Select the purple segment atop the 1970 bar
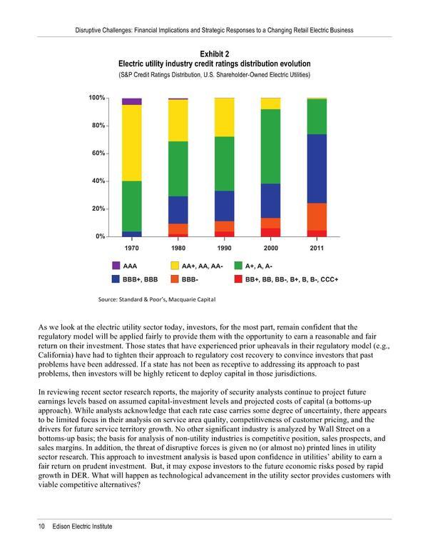click(x=131, y=101)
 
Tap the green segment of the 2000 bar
click(x=270, y=146)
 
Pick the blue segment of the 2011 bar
click(x=317, y=169)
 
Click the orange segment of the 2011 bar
click(x=317, y=216)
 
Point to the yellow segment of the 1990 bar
click(x=225, y=117)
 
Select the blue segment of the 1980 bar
click(x=178, y=210)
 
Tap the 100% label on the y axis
click(x=96, y=97)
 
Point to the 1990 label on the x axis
click(x=224, y=247)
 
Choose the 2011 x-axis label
click(x=317, y=247)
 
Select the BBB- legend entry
click(x=192, y=279)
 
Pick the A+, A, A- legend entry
click(x=261, y=265)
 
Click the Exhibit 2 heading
click(x=214, y=52)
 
